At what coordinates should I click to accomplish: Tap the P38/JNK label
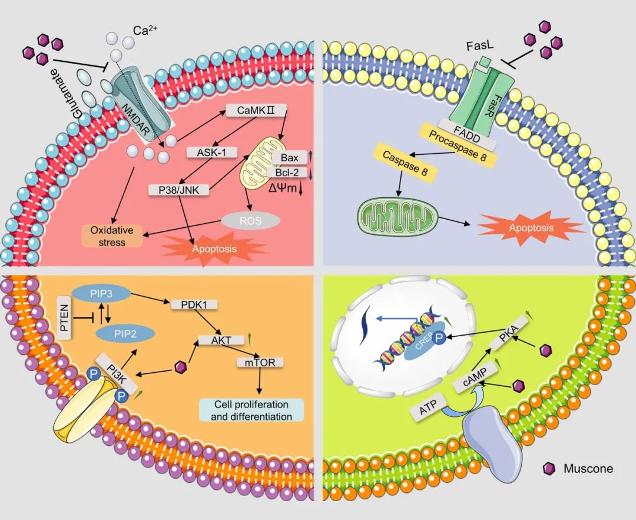point(175,190)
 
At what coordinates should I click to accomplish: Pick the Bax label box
point(290,158)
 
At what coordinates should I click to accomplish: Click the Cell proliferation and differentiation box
point(251,410)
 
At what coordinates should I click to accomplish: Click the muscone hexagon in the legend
point(549,469)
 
